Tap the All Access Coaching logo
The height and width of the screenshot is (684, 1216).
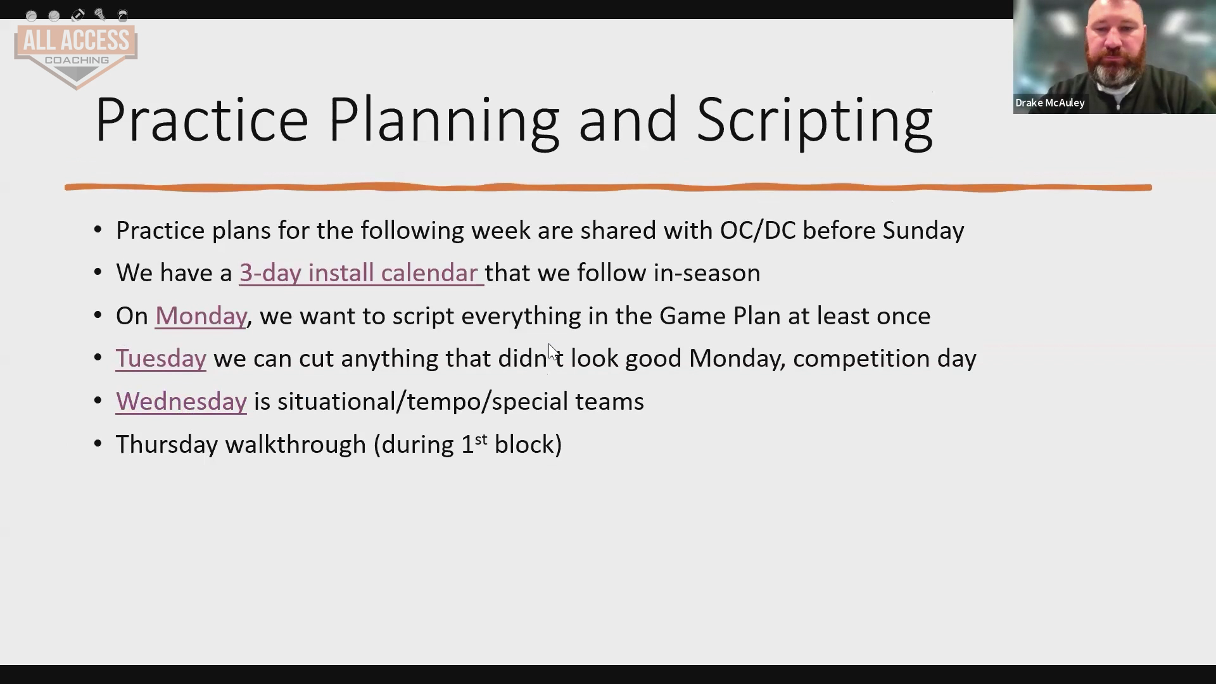pos(76,56)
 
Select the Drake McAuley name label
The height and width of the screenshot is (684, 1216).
pos(1050,103)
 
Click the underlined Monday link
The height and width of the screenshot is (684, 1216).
pos(201,316)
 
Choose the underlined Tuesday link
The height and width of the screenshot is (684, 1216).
pos(161,358)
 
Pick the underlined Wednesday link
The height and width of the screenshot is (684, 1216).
pos(181,402)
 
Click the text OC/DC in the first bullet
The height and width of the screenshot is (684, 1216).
pos(757,231)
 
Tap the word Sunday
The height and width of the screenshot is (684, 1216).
pos(923,231)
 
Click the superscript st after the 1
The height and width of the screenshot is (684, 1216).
pos(481,438)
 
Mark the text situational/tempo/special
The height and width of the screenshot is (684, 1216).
pos(423,402)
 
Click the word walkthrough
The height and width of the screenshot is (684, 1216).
pos(296,445)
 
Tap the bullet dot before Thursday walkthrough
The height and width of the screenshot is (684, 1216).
pos(98,443)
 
